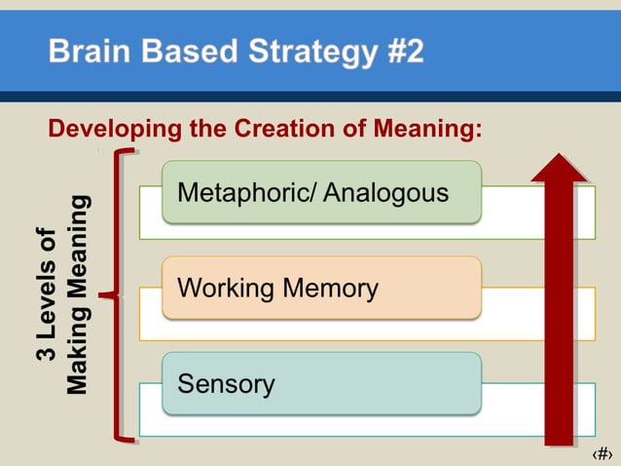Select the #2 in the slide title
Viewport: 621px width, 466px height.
point(398,51)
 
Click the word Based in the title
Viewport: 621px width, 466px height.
point(180,51)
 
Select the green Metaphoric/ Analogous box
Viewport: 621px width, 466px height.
point(321,192)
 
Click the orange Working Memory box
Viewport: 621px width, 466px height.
point(321,288)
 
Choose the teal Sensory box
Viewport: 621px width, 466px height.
point(321,383)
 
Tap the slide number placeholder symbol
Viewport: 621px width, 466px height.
point(602,453)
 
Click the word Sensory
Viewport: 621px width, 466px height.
point(226,383)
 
